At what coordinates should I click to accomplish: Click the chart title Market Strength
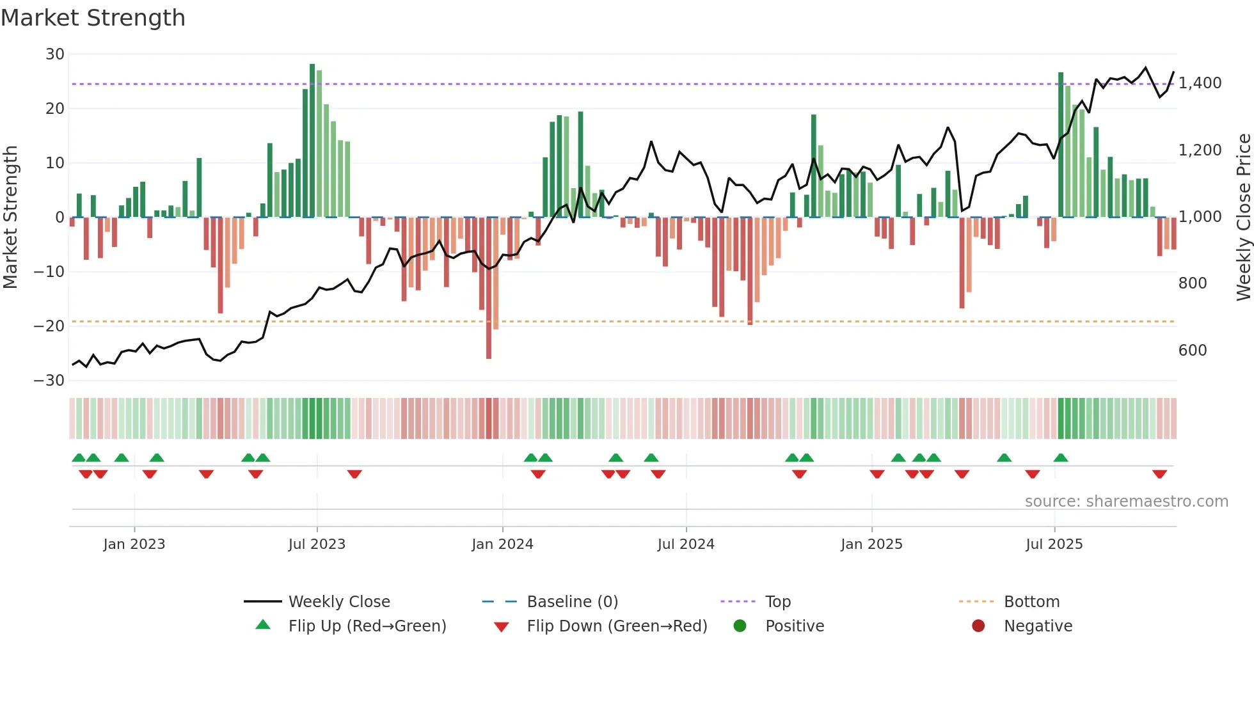tap(93, 18)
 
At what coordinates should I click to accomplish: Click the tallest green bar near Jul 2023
tap(312, 141)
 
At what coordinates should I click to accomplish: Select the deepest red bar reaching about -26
tap(489, 288)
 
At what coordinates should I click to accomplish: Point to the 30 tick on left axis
tap(55, 54)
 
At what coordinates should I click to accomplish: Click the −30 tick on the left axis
tap(50, 381)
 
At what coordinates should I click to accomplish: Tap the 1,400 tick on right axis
tap(1200, 83)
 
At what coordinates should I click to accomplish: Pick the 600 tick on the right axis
tap(1193, 351)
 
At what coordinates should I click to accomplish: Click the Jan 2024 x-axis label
tap(502, 544)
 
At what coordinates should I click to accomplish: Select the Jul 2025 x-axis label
tap(1054, 544)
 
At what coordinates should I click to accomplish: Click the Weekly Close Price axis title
tap(1243, 218)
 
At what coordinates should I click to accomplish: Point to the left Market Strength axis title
tap(10, 218)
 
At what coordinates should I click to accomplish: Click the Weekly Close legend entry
tap(338, 602)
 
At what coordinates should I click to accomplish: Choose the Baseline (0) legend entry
tap(572, 602)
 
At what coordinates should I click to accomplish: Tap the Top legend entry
tap(777, 602)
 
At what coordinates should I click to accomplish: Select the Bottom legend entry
tap(1031, 602)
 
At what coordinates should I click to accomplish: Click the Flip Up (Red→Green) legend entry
tap(367, 626)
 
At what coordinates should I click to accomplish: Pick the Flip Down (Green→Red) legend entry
tap(617, 626)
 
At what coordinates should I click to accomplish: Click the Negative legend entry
tap(1037, 626)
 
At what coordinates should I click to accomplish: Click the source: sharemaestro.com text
tap(1126, 502)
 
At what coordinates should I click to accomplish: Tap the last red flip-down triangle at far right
tap(1159, 474)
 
